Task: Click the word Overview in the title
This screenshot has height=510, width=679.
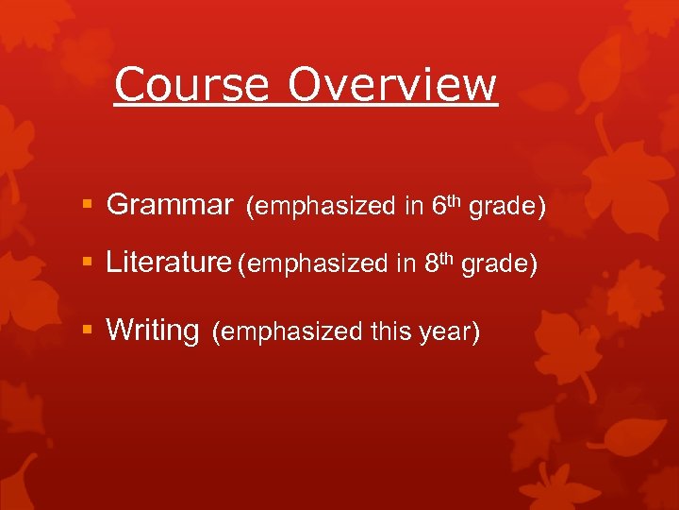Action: click(391, 84)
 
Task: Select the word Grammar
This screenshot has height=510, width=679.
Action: click(170, 204)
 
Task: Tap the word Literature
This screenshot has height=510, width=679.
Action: click(169, 263)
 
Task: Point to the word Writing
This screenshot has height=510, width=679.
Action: click(153, 330)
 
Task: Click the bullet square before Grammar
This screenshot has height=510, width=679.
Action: click(88, 205)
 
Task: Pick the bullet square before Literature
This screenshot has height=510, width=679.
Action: click(88, 263)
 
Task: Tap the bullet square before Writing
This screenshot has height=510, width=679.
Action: click(88, 331)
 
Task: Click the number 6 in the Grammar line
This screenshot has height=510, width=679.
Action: click(439, 206)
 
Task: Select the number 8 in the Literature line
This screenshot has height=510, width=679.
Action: click(431, 264)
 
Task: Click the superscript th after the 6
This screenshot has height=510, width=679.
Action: click(454, 199)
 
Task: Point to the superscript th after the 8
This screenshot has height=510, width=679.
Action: click(446, 258)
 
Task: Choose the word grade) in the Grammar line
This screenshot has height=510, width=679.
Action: click(507, 206)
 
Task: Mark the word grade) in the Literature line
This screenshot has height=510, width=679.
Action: click(500, 264)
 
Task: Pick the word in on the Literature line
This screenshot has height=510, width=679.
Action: click(406, 264)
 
